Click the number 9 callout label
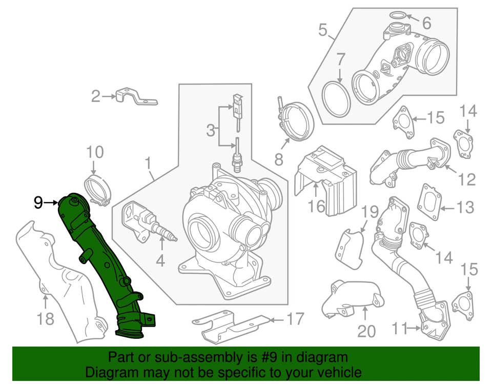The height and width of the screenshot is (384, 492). [x=38, y=203]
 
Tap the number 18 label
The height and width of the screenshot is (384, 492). [x=45, y=319]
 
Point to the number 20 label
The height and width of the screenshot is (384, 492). [x=366, y=331]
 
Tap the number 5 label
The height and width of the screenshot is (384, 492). [x=322, y=30]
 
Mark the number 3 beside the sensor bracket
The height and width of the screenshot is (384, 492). [x=211, y=130]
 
